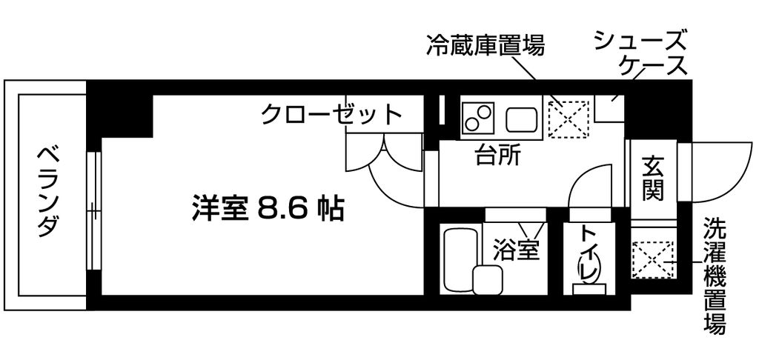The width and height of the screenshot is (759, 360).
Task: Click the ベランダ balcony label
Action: [x=47, y=191]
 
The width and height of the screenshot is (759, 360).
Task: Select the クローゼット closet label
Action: [x=331, y=115]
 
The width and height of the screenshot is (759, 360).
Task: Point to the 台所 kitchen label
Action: [x=497, y=156]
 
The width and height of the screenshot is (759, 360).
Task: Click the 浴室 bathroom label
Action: [x=515, y=250]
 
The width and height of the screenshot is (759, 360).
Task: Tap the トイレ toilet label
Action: [x=589, y=253]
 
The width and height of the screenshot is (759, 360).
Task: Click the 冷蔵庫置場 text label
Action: [x=485, y=47]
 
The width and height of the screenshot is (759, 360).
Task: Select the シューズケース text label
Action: [x=642, y=53]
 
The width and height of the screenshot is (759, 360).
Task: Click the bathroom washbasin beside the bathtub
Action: [x=487, y=281]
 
